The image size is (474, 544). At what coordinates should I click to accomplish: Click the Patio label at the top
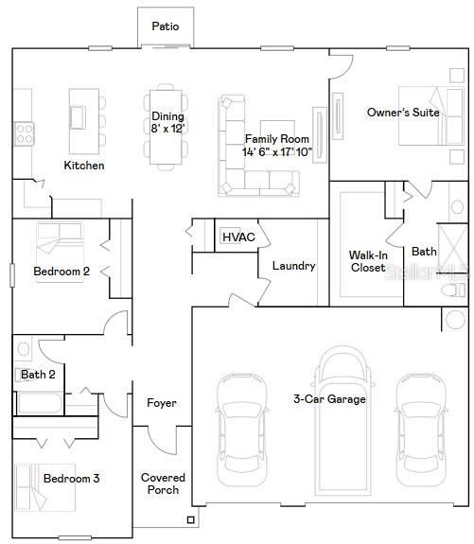click(166, 26)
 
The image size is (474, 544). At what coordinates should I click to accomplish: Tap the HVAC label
click(238, 237)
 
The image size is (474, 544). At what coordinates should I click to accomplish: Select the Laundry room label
click(293, 266)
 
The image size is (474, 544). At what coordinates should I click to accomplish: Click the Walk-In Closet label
click(367, 261)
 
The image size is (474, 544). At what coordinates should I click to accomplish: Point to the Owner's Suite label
click(403, 113)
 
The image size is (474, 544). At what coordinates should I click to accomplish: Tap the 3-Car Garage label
click(329, 399)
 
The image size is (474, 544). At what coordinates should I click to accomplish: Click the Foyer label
click(162, 403)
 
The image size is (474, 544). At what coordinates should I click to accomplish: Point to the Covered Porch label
click(163, 483)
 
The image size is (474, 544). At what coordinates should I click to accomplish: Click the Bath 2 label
click(38, 375)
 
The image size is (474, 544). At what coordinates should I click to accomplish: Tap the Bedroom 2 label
click(61, 272)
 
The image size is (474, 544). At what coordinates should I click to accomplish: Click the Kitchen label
click(84, 166)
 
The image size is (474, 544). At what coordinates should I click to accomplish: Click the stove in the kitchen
click(23, 132)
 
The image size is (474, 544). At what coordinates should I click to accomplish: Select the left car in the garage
click(236, 427)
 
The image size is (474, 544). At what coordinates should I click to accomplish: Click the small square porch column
click(191, 519)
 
